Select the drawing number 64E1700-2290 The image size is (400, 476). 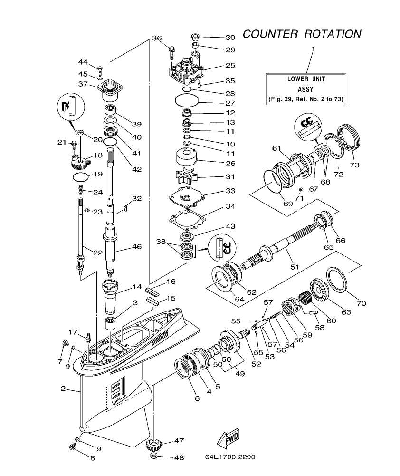230,457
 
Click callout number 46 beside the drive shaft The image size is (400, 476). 136,247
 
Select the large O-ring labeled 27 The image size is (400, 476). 185,100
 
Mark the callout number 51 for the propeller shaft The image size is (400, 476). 295,267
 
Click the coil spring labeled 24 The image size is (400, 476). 81,190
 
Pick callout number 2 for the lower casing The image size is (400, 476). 63,389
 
